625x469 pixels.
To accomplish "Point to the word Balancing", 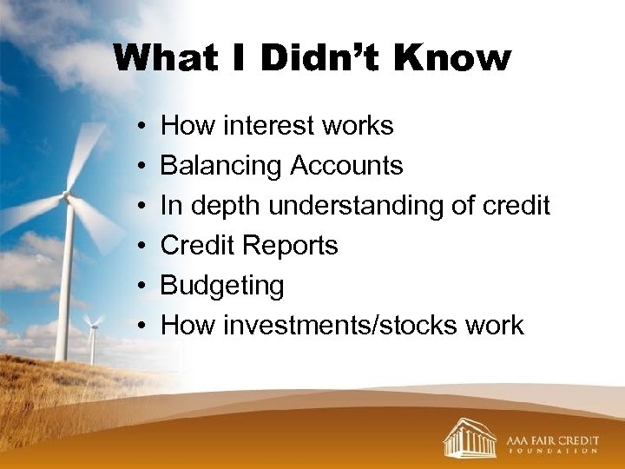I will coord(221,166).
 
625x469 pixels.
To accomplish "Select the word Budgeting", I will coord(222,286).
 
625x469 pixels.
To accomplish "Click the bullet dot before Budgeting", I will coord(140,286).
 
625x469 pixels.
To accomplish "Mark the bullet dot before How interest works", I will coord(140,126).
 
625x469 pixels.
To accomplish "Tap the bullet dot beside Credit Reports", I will coord(140,246).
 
